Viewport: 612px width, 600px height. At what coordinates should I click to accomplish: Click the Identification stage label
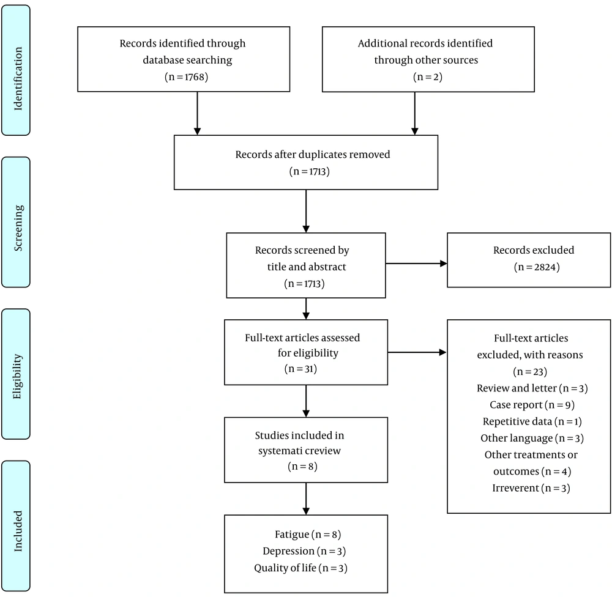[18, 78]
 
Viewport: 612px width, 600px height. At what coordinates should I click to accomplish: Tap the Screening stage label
[18, 228]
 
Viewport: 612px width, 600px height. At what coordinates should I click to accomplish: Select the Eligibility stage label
[17, 377]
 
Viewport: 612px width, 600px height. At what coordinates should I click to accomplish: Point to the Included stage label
[18, 531]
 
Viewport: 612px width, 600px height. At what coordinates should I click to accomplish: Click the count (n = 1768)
[186, 77]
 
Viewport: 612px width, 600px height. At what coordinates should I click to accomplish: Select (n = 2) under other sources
[428, 77]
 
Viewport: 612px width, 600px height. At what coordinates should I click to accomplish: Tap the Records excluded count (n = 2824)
[537, 267]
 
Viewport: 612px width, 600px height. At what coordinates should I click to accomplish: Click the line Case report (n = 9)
[532, 405]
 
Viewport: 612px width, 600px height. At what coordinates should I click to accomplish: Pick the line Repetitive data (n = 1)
[532, 422]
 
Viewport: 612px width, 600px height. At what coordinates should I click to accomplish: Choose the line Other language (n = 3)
[532, 438]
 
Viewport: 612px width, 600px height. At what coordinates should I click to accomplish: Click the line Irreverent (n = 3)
[531, 488]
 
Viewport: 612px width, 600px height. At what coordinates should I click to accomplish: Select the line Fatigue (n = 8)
[308, 535]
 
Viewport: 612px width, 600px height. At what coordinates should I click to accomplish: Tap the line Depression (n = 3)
[304, 551]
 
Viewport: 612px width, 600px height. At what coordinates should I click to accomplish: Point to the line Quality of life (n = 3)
[300, 568]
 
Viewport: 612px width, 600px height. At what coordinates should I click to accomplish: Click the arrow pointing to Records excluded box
[416, 264]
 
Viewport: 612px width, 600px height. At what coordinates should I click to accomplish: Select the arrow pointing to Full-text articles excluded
[417, 353]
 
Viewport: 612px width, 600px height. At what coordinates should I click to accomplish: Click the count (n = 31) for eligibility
[300, 369]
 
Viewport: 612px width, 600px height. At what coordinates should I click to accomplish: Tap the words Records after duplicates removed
[313, 155]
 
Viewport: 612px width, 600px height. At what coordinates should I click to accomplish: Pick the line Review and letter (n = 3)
[532, 388]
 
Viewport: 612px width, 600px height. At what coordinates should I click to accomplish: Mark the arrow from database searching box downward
[198, 114]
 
